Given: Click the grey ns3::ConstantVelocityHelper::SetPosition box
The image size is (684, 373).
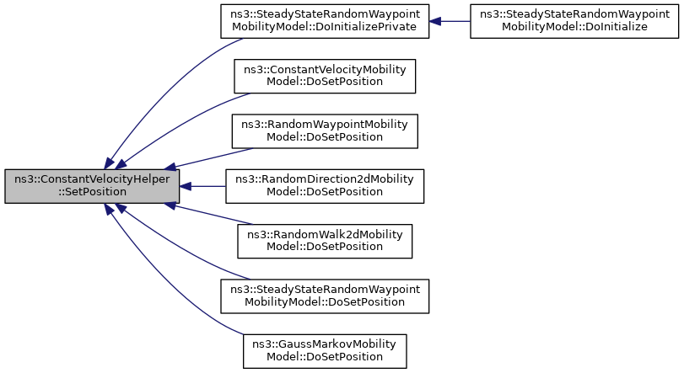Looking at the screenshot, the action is tap(92, 186).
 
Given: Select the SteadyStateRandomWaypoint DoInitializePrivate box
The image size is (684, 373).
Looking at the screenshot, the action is tap(325, 21).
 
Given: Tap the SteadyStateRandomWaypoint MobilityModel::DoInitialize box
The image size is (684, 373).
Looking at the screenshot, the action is tap(574, 21).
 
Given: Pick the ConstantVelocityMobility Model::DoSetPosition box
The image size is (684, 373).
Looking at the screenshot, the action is tap(325, 76).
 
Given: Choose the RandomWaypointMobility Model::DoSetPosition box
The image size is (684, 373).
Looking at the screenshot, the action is tap(325, 131).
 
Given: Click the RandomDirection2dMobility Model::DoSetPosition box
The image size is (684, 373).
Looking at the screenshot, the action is tap(325, 186).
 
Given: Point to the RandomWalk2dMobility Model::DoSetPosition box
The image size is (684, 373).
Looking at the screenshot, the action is tap(325, 241).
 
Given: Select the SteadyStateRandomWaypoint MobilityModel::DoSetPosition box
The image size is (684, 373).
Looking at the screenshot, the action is tap(325, 296).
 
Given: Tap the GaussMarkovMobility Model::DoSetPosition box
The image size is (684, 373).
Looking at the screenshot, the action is tap(325, 351).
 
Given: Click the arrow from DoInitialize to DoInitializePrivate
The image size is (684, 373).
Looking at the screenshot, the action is tap(450, 21).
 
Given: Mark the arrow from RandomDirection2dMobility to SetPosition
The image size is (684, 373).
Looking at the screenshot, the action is tap(202, 186).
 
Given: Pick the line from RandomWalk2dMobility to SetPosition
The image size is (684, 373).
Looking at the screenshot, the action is tap(208, 214).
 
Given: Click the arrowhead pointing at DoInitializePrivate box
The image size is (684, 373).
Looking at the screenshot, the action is tap(435, 21).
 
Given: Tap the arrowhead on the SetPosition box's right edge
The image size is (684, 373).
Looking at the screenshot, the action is tap(185, 186).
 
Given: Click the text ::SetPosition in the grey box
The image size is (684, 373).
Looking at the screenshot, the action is tap(92, 192).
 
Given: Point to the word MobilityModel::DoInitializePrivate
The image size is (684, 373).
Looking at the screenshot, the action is tap(324, 27).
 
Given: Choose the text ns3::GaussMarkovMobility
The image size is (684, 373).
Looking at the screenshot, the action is tap(324, 344).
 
